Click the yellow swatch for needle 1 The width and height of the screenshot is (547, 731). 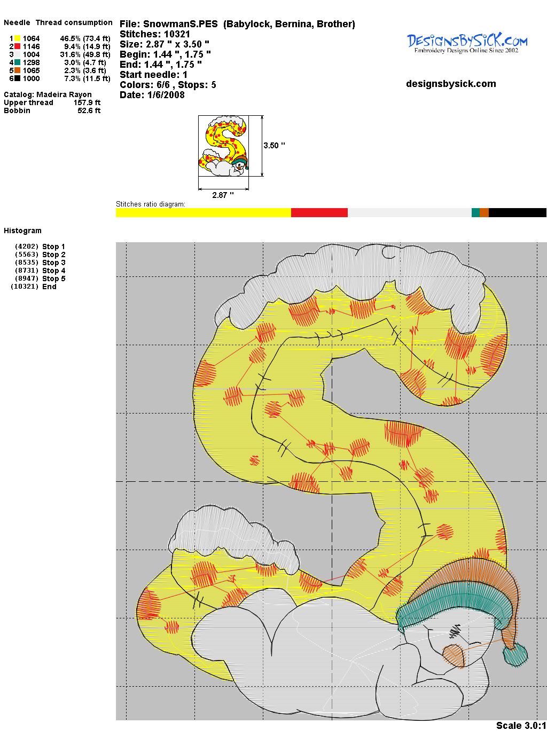(17, 38)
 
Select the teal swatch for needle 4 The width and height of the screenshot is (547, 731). (17, 62)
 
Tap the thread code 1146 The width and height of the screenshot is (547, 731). (32, 46)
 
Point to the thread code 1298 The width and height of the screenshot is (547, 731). (32, 62)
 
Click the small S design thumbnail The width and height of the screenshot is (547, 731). (223, 146)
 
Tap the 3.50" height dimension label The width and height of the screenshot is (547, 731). (274, 146)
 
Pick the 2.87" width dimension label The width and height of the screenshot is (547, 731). (223, 195)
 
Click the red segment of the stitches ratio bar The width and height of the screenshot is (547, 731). (319, 212)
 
